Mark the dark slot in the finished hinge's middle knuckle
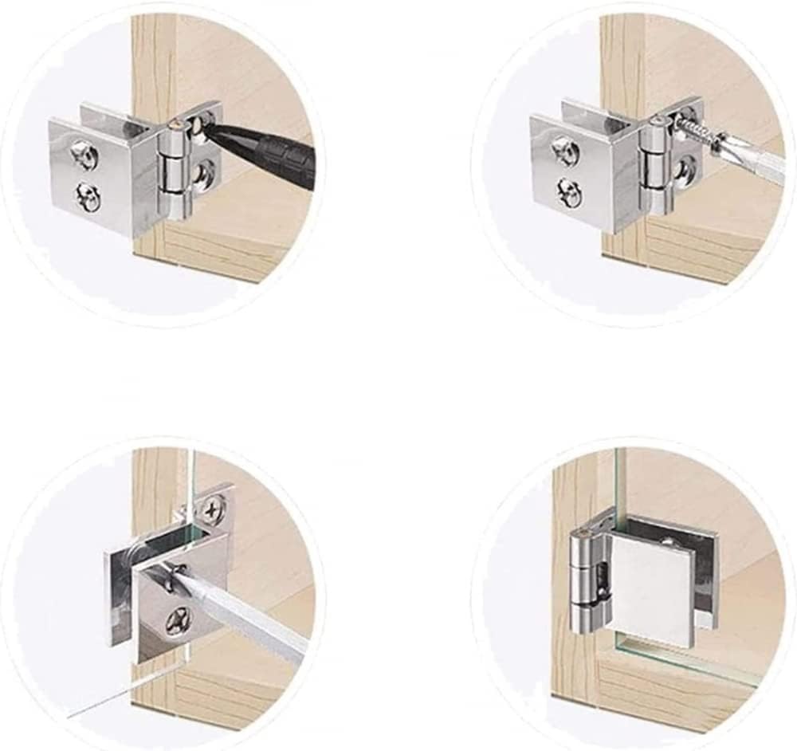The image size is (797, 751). (603, 574)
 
